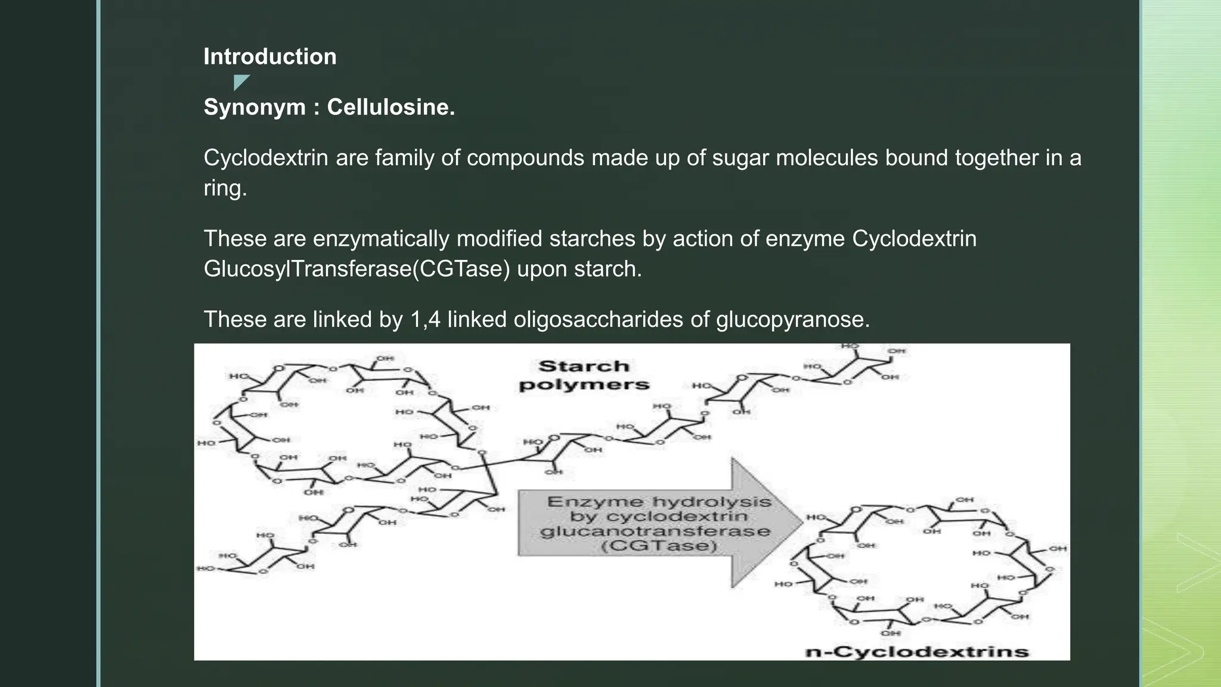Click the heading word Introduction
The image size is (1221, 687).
point(269,57)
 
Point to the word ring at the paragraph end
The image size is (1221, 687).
point(224,188)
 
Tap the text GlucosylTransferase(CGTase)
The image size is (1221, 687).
point(357,269)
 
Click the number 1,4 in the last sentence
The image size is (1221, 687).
point(425,320)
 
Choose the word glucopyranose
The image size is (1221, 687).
point(792,320)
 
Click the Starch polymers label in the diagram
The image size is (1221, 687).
point(584,375)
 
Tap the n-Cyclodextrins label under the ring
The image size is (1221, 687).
point(916,652)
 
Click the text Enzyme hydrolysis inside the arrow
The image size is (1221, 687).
point(659,502)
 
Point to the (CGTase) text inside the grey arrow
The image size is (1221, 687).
point(658,546)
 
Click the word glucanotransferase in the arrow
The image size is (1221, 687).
point(655,531)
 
